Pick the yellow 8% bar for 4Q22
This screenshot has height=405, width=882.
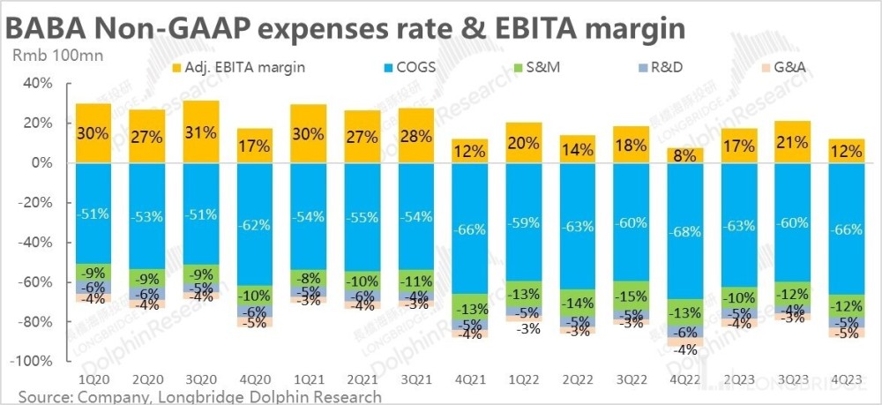pos(684,155)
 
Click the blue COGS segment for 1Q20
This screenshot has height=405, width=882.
pos(93,213)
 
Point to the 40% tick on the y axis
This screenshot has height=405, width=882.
pos(39,84)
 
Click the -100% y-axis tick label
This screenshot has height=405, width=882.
pos(34,361)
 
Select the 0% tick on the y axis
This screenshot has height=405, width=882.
pos(42,163)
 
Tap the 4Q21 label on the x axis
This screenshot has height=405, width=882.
pos(470,379)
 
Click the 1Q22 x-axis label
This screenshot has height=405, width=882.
pos(524,379)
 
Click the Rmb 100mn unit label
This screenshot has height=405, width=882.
pos(47,55)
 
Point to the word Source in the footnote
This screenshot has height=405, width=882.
pos(43,396)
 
